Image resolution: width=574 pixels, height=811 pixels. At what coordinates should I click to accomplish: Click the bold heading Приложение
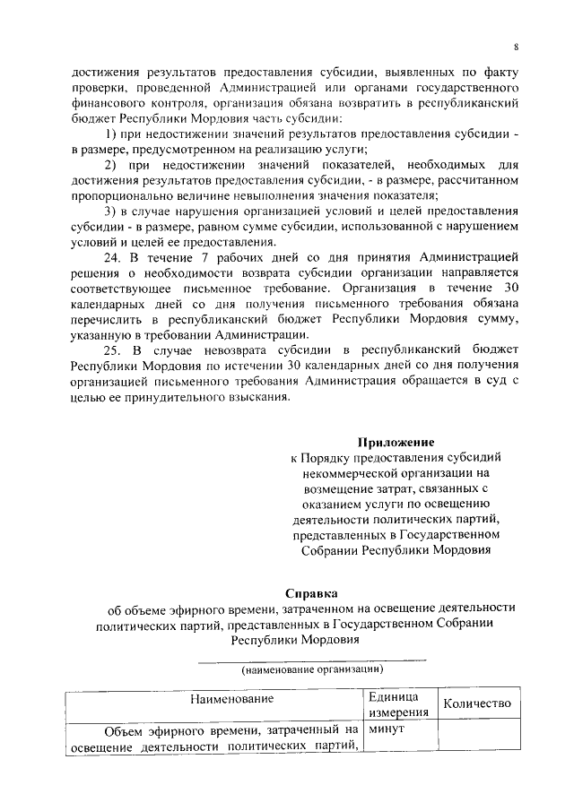pyautogui.click(x=396, y=442)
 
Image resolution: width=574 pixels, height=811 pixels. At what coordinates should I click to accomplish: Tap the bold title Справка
pyautogui.click(x=312, y=592)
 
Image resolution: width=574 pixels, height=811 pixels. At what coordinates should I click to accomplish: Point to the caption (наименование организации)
pyautogui.click(x=311, y=669)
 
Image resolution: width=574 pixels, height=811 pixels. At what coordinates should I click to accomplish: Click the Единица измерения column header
pyautogui.click(x=392, y=703)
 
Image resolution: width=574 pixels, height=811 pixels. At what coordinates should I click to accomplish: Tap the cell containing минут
pyautogui.click(x=387, y=732)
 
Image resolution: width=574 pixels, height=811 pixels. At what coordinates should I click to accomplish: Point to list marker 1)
pyautogui.click(x=111, y=134)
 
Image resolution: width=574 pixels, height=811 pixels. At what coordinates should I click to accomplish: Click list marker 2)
pyautogui.click(x=111, y=166)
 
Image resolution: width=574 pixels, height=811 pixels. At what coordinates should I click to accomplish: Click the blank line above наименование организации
pyautogui.click(x=311, y=660)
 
